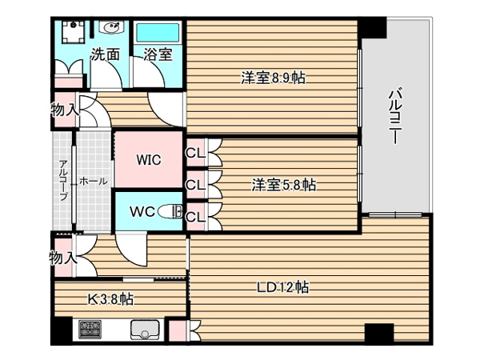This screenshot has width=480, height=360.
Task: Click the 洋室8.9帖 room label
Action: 273,78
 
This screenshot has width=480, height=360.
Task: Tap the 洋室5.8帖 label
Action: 284,185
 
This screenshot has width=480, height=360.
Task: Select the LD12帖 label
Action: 282,287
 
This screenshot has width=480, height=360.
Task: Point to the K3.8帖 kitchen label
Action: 111,299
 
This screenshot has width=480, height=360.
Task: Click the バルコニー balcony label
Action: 395,116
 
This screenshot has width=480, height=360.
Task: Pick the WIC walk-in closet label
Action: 149,159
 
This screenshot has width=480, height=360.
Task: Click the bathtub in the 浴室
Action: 157,33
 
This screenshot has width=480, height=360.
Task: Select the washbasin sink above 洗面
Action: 110,27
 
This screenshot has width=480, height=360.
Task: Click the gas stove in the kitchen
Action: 90,329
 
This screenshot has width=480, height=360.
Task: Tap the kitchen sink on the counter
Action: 145,330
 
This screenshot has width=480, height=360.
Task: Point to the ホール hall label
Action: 94,182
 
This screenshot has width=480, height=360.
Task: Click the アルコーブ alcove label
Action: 63,179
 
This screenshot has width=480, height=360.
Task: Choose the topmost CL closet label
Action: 195,153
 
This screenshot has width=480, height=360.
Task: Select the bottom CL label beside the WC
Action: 195,217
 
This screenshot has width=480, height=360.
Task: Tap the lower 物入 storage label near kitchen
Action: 63,258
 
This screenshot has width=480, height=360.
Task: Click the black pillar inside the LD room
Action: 379,334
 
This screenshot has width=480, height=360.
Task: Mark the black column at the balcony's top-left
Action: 372,27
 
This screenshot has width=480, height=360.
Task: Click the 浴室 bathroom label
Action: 158,54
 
